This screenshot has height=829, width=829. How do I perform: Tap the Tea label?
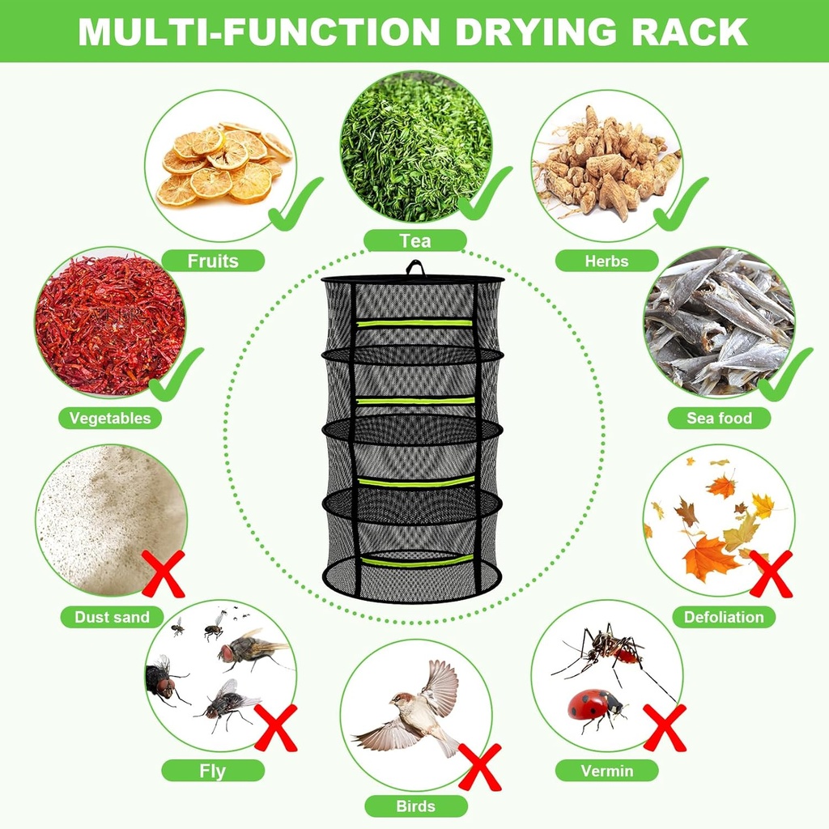pyautogui.click(x=414, y=240)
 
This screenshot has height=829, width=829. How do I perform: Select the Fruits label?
pyautogui.click(x=213, y=261)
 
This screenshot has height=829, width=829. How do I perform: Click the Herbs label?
pyautogui.click(x=606, y=261)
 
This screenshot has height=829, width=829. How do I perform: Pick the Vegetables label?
pyautogui.click(x=109, y=419)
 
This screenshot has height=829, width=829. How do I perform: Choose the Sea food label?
pyautogui.click(x=719, y=419)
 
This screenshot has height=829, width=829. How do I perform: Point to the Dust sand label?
pyautogui.click(x=112, y=617)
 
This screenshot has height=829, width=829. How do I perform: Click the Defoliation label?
pyautogui.click(x=723, y=617)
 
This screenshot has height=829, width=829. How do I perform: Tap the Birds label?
pyautogui.click(x=415, y=806)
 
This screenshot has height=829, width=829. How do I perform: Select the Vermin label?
pyautogui.click(x=606, y=771)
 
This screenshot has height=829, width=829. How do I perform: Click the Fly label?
pyautogui.click(x=212, y=771)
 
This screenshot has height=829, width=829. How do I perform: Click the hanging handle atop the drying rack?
pyautogui.click(x=414, y=267)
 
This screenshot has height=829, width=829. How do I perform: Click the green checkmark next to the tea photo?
pyautogui.click(x=484, y=194)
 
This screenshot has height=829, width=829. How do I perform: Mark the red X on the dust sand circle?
pyautogui.click(x=164, y=573)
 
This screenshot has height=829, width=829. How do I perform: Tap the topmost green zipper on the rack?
pyautogui.click(x=414, y=322)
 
